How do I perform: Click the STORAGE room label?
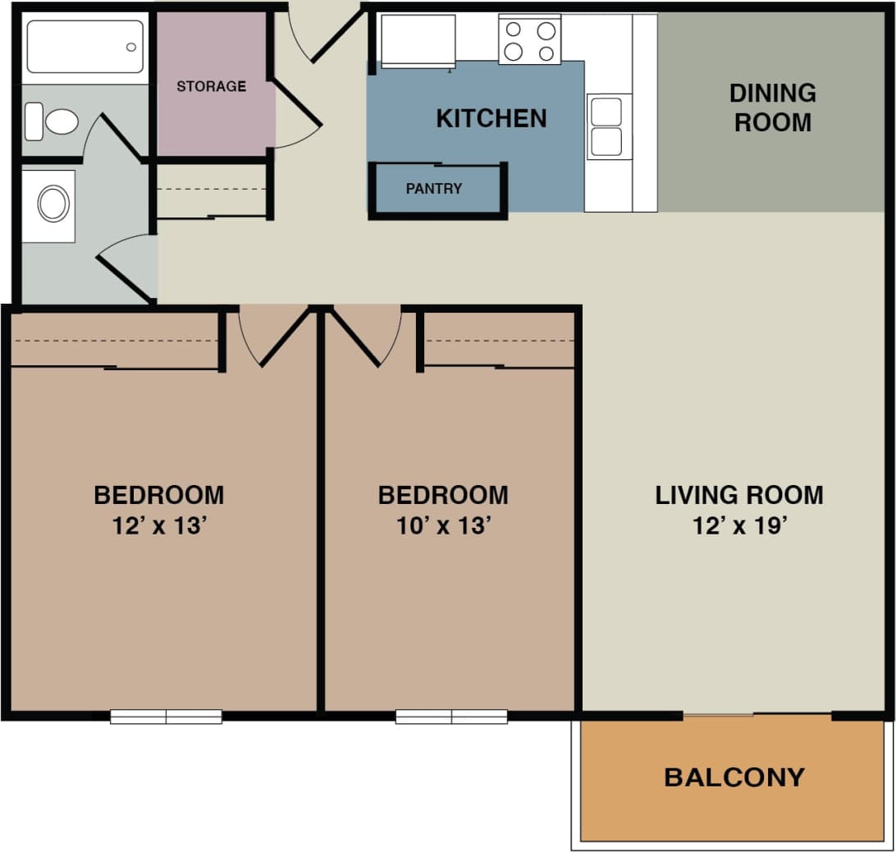coord(211,86)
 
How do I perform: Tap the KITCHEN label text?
coord(491,118)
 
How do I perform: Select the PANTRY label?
coord(433,189)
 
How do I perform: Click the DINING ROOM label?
coord(772,108)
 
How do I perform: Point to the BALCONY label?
coord(734,777)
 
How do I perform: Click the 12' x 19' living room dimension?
coord(739,526)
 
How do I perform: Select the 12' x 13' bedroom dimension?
coord(158,526)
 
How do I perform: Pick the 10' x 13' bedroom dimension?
coord(443,526)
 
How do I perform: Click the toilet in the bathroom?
coord(51,121)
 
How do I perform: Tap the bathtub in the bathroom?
coord(85,47)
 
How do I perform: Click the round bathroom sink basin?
coord(53,204)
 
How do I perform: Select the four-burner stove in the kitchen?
coord(529,40)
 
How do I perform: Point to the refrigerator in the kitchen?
coord(418,40)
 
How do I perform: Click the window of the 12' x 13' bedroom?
coord(166,717)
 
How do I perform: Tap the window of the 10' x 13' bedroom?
coord(451,717)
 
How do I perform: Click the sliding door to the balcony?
coord(718,716)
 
